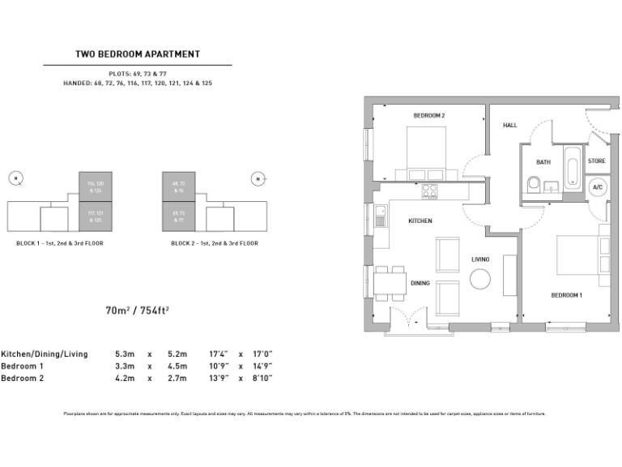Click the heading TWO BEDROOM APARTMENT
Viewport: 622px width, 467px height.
click(x=137, y=54)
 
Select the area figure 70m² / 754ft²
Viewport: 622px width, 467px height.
click(x=137, y=310)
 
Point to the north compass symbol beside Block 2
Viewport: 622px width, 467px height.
click(x=258, y=178)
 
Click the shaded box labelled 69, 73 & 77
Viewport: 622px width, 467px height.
click(x=179, y=216)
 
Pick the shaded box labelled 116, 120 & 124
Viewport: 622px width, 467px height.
click(x=95, y=186)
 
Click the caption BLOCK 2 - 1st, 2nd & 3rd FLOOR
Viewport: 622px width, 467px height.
click(x=215, y=243)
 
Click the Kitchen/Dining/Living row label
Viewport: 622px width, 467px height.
click(x=45, y=354)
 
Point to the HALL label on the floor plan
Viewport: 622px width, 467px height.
click(x=509, y=126)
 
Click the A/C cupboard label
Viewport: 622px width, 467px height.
click(x=598, y=187)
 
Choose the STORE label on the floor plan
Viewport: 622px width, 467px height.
click(x=597, y=161)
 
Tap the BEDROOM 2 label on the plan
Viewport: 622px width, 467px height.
click(x=429, y=116)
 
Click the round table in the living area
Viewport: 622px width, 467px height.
click(x=481, y=279)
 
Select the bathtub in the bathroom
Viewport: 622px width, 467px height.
click(x=572, y=168)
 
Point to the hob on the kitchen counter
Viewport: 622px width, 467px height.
click(x=428, y=191)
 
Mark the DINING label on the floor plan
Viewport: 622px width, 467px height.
click(x=420, y=284)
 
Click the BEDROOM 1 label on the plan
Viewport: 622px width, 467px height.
click(x=567, y=295)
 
